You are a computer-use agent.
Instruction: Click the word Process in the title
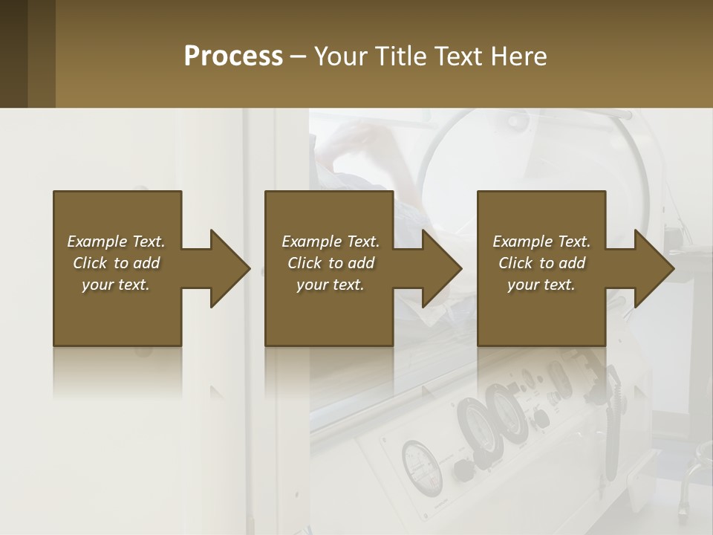tap(233, 56)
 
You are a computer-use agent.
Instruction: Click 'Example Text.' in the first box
tap(116, 241)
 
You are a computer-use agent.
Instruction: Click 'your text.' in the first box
tap(116, 285)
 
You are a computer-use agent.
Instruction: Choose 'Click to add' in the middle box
tap(331, 263)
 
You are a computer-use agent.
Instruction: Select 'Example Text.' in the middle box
tap(331, 241)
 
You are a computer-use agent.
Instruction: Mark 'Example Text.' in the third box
tap(541, 241)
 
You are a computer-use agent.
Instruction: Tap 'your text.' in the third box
tap(541, 285)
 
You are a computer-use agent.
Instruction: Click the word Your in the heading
tap(342, 56)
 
